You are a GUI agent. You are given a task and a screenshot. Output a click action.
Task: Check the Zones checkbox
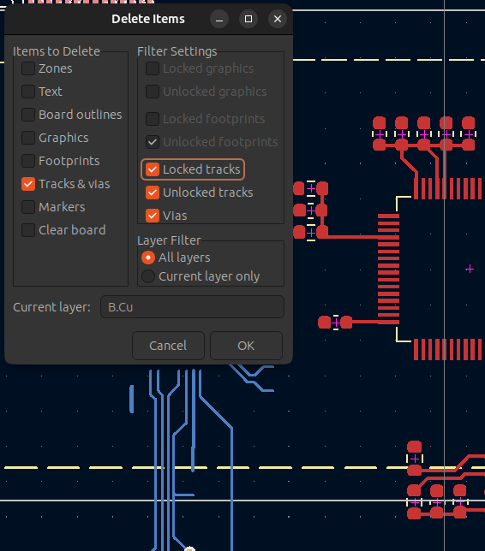tap(28, 68)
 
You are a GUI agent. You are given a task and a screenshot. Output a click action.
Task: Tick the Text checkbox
tap(28, 92)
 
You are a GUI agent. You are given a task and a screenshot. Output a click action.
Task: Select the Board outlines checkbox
tap(28, 115)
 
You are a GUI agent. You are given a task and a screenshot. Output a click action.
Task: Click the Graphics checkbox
tap(28, 138)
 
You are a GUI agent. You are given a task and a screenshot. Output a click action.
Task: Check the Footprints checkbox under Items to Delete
tap(28, 161)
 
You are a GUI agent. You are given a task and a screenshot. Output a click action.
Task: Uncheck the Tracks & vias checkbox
tap(28, 184)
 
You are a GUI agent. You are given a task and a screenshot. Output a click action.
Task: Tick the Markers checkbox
tap(28, 207)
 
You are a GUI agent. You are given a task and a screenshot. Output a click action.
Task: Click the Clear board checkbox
tap(28, 230)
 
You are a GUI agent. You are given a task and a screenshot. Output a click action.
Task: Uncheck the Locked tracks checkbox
tap(153, 169)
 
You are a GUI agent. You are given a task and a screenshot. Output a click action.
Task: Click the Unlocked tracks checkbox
tap(153, 193)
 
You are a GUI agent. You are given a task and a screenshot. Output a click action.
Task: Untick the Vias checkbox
tap(153, 216)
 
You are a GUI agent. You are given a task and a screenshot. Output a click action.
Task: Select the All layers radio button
tap(148, 258)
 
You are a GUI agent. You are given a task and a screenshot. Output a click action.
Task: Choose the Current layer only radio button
tap(148, 276)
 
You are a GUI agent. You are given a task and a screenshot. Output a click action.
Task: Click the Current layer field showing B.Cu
tap(192, 307)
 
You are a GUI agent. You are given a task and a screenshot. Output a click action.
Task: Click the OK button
tap(246, 346)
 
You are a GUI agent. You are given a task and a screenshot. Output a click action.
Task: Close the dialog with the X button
tap(278, 19)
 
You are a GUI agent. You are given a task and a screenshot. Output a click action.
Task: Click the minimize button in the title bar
tap(219, 19)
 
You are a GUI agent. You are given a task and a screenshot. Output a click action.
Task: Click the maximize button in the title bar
tap(248, 19)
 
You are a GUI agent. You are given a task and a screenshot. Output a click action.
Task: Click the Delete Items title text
tap(148, 19)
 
